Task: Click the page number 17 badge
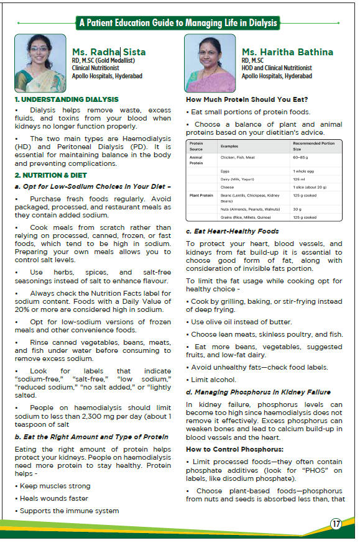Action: (336, 523)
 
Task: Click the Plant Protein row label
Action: (201, 196)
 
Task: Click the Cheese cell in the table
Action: (228, 186)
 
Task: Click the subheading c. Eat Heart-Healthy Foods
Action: (233, 232)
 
